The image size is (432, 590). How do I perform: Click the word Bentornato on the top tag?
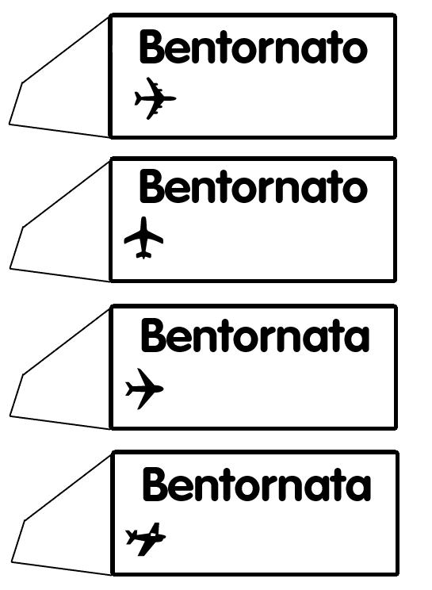[253, 47]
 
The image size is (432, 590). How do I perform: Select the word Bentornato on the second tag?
[253, 186]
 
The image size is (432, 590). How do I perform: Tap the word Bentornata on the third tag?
[255, 335]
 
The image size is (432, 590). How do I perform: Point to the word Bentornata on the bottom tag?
[256, 484]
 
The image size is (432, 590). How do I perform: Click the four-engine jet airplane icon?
[155, 98]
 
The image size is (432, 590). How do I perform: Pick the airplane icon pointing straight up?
[143, 238]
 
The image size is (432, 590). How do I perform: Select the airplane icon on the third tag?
[144, 389]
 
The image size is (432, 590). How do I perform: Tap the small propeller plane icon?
[146, 538]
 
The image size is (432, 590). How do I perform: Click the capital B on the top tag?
[151, 47]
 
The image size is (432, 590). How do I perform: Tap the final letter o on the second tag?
[355, 190]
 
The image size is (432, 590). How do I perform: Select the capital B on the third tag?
[153, 335]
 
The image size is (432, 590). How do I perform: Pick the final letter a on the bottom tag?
[359, 488]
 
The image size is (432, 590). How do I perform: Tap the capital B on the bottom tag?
[154, 484]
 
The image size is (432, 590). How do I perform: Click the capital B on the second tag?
[151, 186]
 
